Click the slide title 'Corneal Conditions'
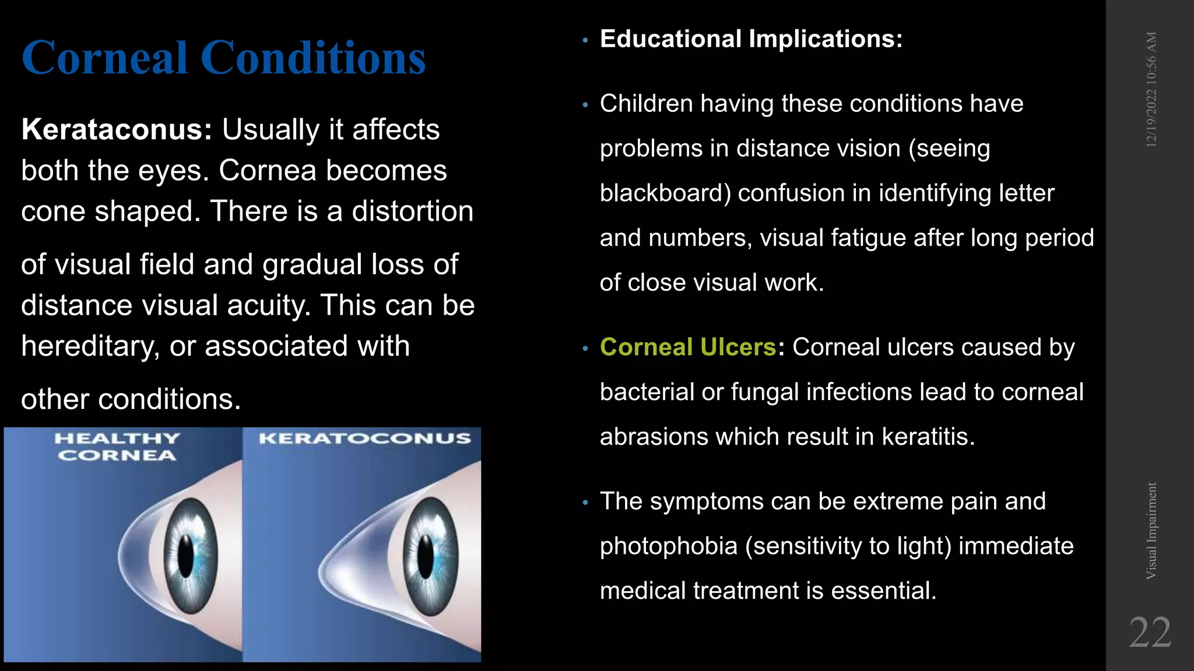[223, 58]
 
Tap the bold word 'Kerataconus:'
[117, 129]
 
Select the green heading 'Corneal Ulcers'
[688, 347]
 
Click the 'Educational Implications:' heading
[751, 39]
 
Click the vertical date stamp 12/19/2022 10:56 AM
[1151, 89]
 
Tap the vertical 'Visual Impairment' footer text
[1151, 531]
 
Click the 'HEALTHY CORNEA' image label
[117, 447]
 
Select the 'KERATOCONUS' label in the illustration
[364, 438]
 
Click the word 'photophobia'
[669, 546]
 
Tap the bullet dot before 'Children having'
[585, 105]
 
